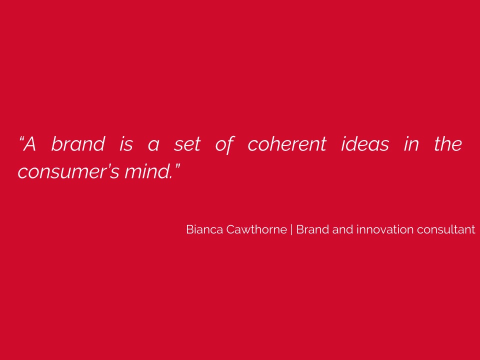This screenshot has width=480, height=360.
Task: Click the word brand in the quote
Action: pyautogui.click(x=78, y=143)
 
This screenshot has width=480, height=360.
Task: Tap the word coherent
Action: pyautogui.click(x=287, y=143)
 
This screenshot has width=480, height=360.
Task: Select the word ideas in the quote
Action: pyautogui.click(x=365, y=143)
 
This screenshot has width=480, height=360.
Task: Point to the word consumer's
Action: pyautogui.click(x=68, y=171)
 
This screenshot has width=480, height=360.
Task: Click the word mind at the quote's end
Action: pyautogui.click(x=147, y=171)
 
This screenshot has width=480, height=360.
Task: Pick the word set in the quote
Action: pyautogui.click(x=187, y=144)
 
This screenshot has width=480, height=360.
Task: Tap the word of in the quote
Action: pyautogui.click(x=224, y=144)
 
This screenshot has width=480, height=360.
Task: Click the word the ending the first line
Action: pyautogui.click(x=448, y=143)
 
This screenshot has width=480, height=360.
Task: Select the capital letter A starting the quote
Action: pyautogui.click(x=29, y=143)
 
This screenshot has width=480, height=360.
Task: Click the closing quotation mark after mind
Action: pyautogui.click(x=177, y=167)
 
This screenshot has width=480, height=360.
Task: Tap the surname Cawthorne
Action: pyautogui.click(x=256, y=229)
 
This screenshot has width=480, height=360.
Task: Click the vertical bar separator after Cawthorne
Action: pyautogui.click(x=291, y=229)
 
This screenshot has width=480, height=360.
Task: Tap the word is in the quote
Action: pyautogui.click(x=126, y=144)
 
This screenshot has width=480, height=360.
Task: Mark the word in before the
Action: pyautogui.click(x=411, y=144)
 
